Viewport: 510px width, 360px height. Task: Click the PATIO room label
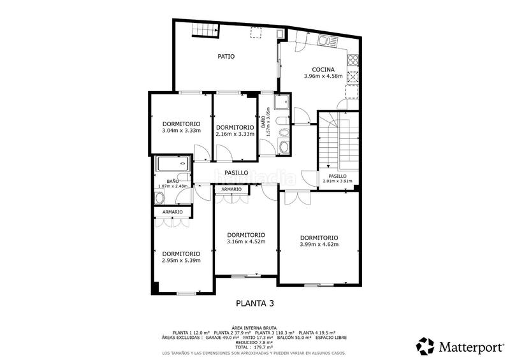coord(226,57)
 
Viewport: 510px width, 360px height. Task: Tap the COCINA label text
coord(323,69)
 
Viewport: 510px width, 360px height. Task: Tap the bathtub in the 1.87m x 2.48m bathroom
coord(172,164)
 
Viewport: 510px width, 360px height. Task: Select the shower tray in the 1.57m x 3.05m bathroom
coord(280,103)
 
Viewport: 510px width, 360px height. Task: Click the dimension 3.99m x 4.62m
coord(319,245)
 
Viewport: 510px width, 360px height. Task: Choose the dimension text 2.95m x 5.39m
coord(181,260)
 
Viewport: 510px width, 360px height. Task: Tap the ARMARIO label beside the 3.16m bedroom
coord(231,189)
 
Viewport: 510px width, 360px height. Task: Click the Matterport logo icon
coord(425,346)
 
